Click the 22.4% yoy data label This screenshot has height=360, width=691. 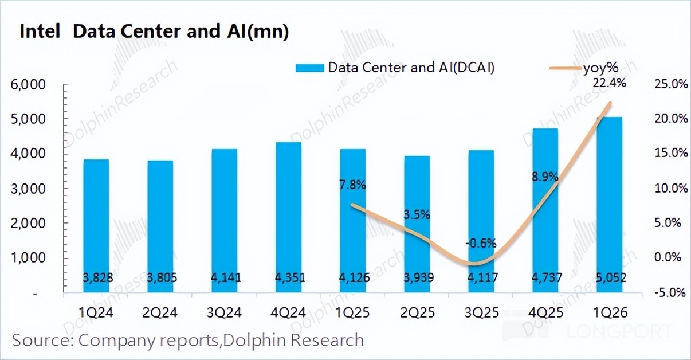(610, 83)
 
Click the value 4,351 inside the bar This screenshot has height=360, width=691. (288, 278)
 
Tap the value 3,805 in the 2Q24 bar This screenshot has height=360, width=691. (160, 278)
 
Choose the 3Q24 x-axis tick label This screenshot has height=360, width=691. (225, 312)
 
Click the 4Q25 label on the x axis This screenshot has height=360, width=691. (545, 312)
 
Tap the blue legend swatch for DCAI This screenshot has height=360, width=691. (310, 68)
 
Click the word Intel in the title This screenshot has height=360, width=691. (40, 32)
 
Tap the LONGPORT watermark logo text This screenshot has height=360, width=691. (619, 331)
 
